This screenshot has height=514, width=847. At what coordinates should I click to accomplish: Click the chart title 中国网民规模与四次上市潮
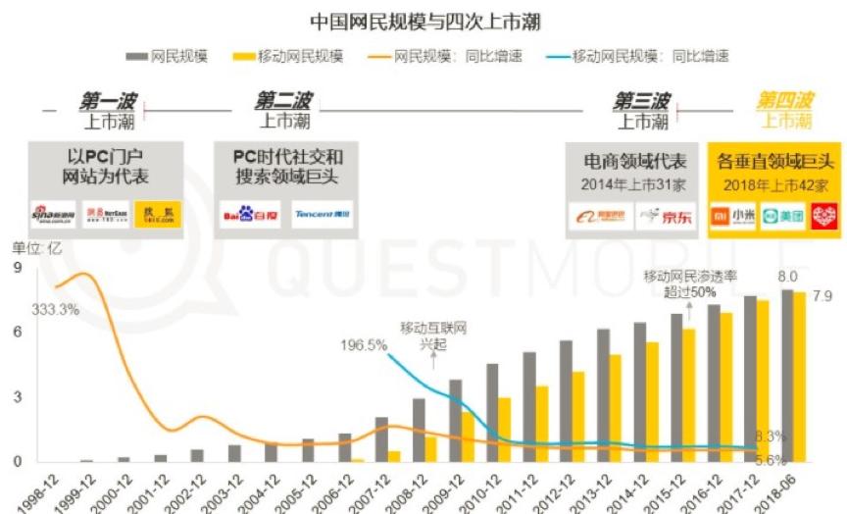click(424, 21)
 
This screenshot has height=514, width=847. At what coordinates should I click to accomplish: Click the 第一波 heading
click(109, 101)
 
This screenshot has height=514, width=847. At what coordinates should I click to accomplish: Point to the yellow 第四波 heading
click(784, 101)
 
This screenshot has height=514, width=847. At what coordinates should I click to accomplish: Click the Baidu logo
click(243, 214)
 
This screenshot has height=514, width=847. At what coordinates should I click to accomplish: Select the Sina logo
click(52, 214)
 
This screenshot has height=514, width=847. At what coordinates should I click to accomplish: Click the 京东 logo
click(666, 216)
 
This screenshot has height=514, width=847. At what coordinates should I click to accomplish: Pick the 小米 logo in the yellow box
click(734, 216)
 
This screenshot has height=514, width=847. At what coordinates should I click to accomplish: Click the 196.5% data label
click(365, 345)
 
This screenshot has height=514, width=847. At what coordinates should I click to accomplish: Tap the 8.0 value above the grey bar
click(787, 277)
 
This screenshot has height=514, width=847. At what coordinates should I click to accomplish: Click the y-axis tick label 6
click(17, 332)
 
